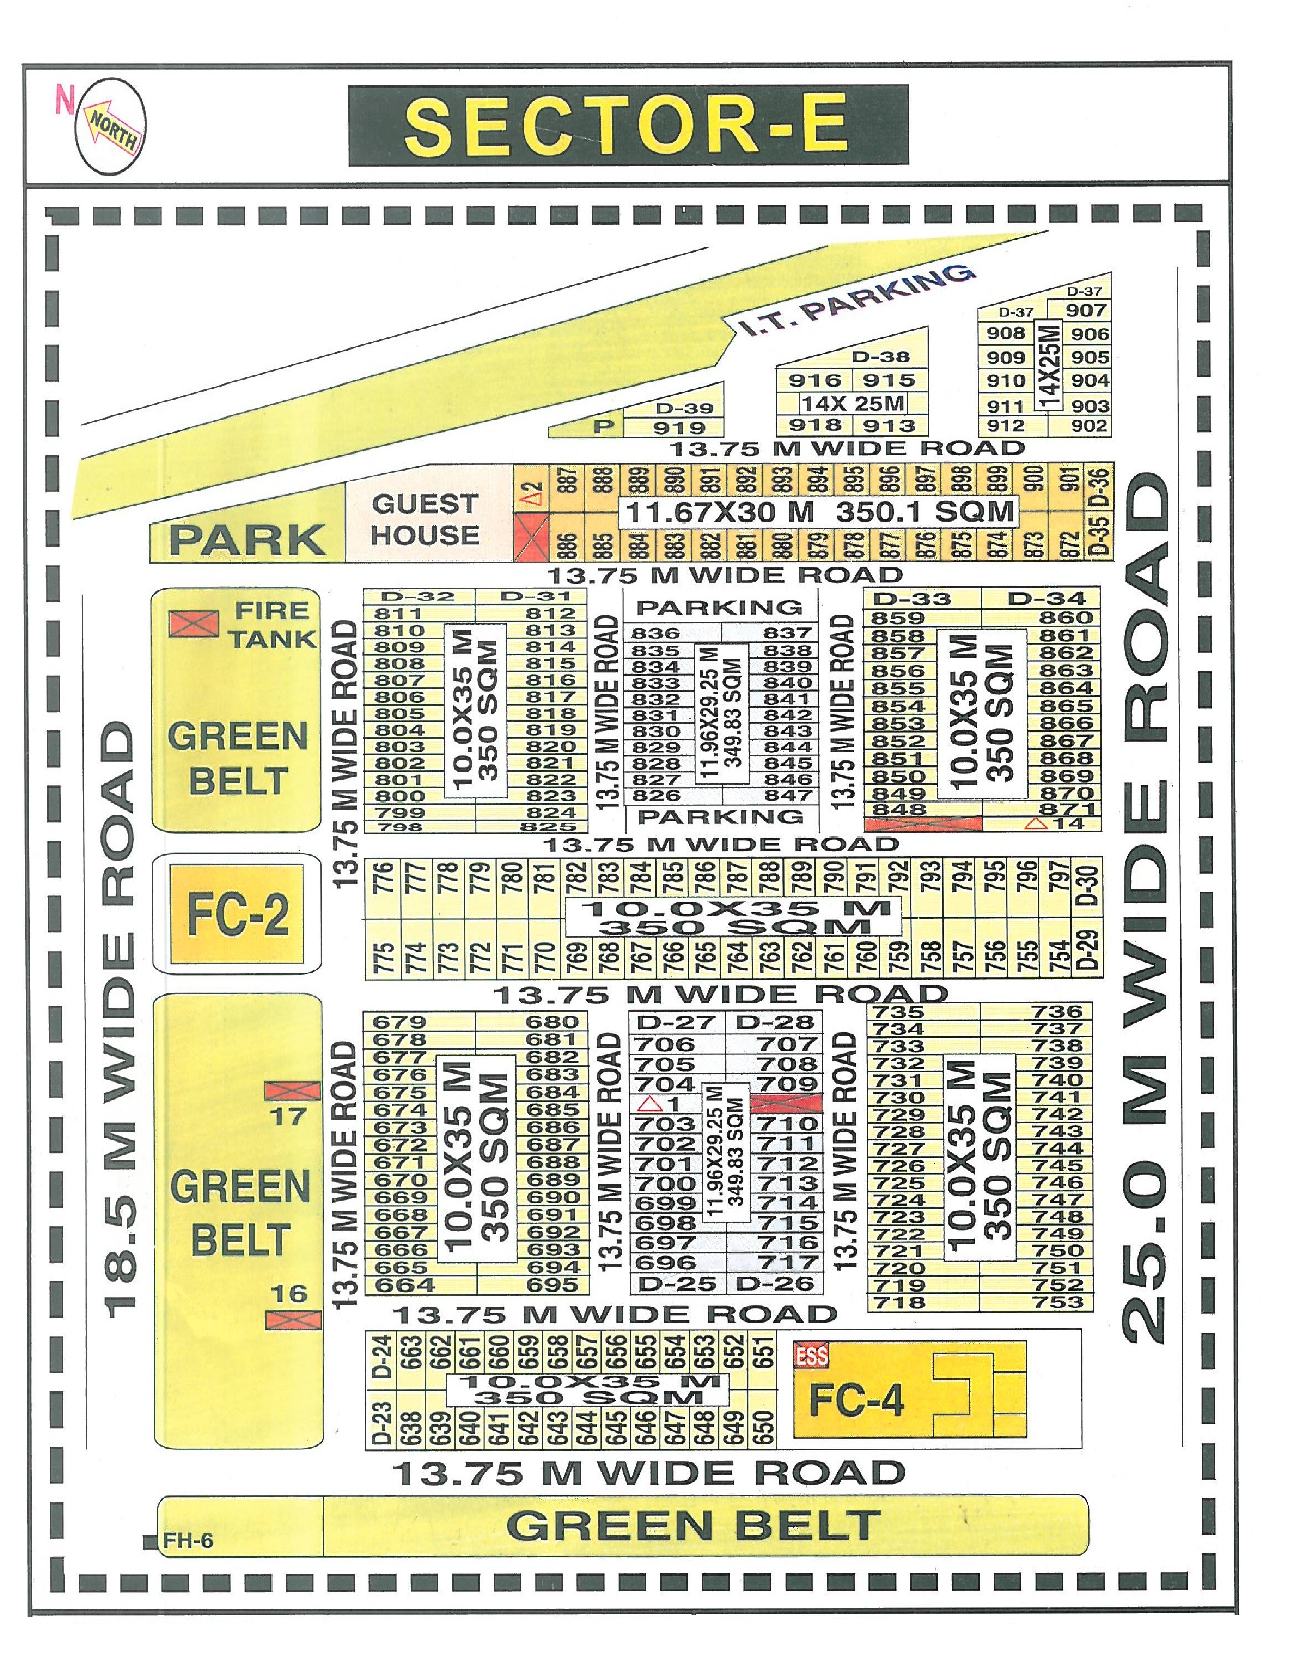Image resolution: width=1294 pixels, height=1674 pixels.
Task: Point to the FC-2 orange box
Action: click(x=237, y=913)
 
